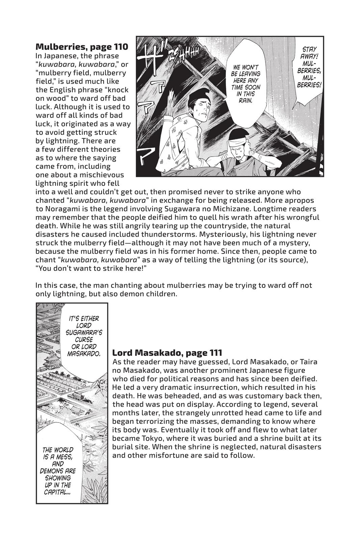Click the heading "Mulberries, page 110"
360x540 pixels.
(x=81, y=46)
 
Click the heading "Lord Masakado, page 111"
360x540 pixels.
(x=167, y=353)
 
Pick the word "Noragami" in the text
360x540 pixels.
(x=56, y=209)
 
